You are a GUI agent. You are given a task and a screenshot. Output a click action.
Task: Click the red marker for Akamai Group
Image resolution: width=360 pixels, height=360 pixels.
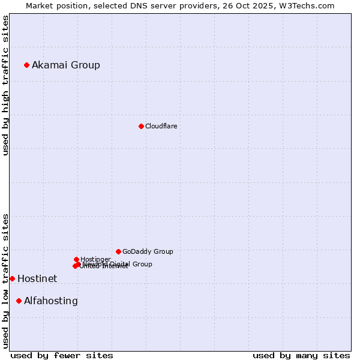click(26, 65)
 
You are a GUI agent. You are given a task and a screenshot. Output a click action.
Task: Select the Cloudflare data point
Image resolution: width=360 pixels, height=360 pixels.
click(141, 126)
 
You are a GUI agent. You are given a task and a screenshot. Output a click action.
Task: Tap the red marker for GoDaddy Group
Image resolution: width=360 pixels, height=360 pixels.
click(118, 251)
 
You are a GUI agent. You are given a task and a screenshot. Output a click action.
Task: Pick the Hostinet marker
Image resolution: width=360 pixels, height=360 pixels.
click(12, 278)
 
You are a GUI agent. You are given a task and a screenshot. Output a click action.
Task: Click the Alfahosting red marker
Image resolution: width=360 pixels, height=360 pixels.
click(19, 301)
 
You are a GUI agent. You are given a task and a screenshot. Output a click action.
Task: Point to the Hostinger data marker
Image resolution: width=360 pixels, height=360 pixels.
click(76, 259)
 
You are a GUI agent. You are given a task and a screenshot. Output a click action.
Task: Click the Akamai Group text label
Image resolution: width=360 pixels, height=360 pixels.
click(66, 65)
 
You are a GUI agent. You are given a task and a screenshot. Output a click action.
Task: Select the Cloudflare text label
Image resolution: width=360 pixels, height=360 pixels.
click(161, 126)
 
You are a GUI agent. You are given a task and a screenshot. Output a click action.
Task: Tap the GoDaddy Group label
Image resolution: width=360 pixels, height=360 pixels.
click(148, 251)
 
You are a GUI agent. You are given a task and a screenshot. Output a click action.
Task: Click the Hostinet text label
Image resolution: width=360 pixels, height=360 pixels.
click(37, 278)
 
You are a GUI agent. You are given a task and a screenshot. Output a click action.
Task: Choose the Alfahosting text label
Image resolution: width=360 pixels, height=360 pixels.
click(51, 301)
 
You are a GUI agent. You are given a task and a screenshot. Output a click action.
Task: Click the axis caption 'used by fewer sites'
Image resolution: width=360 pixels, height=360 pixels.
click(62, 355)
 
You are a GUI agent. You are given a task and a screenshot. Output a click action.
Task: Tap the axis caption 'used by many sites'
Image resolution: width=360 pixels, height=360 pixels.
click(301, 355)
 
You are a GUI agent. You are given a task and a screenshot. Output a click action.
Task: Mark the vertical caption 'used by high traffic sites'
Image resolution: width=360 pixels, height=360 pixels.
click(5, 85)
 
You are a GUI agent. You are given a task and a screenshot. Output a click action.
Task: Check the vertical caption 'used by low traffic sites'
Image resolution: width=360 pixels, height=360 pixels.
click(5, 281)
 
